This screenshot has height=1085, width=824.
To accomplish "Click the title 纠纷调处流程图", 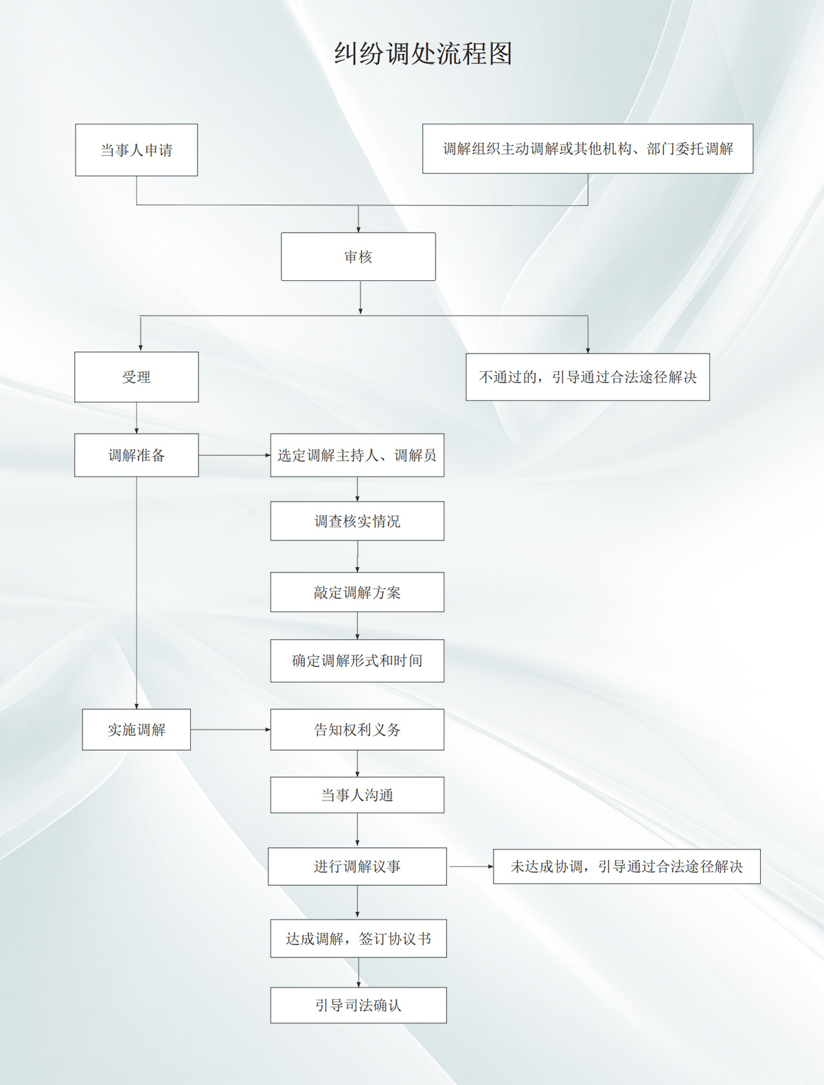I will [423, 54].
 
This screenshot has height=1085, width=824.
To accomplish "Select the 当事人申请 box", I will [137, 150].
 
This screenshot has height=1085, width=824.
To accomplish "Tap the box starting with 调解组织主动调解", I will [587, 148].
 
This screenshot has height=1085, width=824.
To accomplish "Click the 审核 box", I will [358, 256].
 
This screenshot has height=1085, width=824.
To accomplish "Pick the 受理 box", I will [137, 377].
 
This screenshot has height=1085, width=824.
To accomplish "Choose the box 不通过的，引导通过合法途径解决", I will [587, 377].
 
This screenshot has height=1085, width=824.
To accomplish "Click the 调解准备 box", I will [137, 455].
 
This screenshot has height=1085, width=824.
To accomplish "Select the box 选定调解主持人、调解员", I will [357, 455].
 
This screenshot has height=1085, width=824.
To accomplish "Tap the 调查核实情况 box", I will [357, 521].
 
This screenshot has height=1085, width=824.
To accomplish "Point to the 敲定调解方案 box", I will [357, 592].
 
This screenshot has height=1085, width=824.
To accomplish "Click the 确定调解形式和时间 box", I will [357, 661].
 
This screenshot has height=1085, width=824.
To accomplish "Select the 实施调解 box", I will [137, 729].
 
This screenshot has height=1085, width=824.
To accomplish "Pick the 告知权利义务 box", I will [357, 729].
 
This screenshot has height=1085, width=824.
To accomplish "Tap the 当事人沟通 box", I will [357, 795].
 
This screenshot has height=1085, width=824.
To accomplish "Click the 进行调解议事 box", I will [357, 866].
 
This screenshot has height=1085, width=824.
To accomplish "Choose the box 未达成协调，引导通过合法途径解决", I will [626, 866].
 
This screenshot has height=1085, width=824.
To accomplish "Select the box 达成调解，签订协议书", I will [358, 938].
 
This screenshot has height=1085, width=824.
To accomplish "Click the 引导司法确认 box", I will [358, 1005].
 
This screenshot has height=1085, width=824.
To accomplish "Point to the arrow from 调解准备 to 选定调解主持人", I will [234, 455].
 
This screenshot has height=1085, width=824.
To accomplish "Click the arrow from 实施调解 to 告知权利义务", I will [230, 729].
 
